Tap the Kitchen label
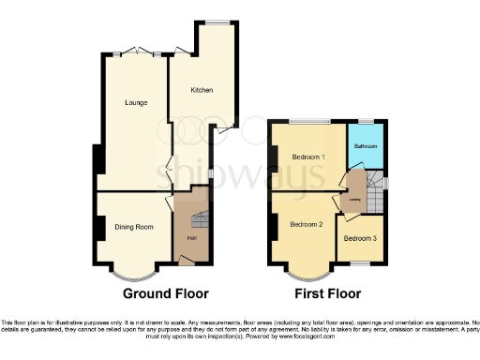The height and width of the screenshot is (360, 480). click(202, 90)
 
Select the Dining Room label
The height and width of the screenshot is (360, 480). click(133, 227)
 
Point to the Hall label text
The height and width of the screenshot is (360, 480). click(191, 238)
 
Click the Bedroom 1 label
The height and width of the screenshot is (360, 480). click(307, 156)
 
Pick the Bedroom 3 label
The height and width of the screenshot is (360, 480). click(359, 239)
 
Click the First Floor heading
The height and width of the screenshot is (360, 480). click(327, 292)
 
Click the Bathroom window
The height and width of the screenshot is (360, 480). click(366, 123)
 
